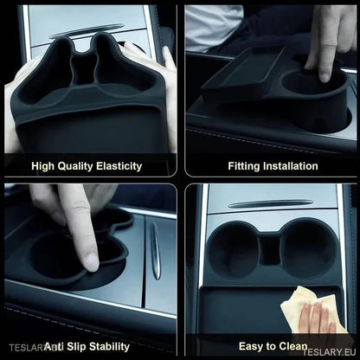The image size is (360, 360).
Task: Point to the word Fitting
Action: [245, 165]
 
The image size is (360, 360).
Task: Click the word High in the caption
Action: [42, 165]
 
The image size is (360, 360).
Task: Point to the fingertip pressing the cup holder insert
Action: [89, 260]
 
